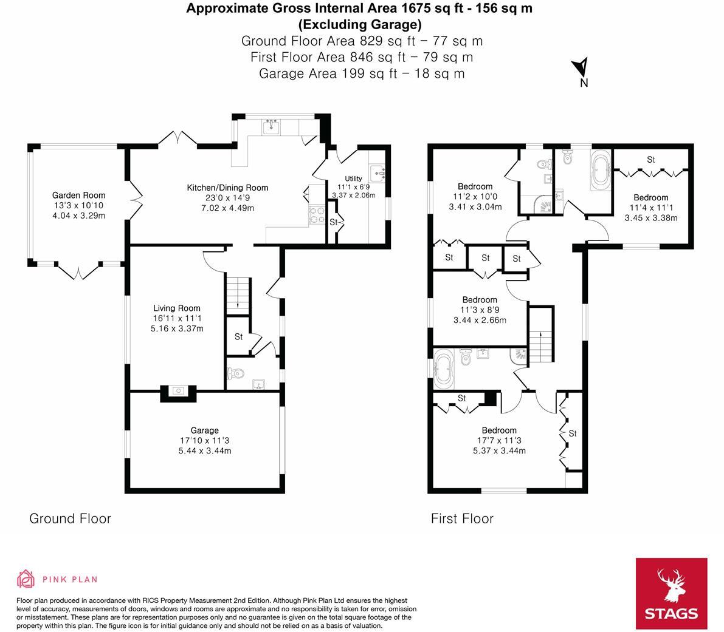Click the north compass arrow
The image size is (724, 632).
(582, 66)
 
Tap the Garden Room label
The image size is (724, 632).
(78, 195)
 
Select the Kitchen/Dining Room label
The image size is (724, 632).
(227, 188)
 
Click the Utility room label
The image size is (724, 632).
(354, 178)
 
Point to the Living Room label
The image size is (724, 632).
(176, 308)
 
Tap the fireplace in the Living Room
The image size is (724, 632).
(178, 393)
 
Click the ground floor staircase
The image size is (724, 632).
(238, 294)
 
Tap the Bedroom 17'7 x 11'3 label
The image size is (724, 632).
(499, 430)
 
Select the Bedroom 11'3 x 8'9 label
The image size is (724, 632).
(480, 300)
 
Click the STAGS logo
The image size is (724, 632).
(671, 594)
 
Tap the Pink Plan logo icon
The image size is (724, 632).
(26, 579)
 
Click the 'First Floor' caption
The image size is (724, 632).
(462, 518)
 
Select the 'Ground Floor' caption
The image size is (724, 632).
(71, 518)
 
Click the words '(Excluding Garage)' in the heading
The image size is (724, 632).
(359, 25)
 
